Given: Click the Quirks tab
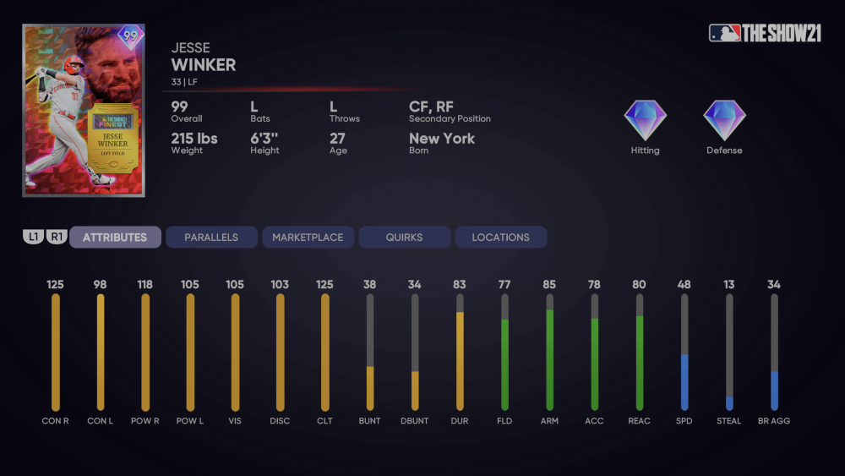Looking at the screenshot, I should pos(404,238).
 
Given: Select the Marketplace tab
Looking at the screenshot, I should pos(308,238).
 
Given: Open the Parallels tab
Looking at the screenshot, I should pos(211,238).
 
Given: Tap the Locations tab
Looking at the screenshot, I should pos(500,238).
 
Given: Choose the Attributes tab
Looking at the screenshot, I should pos(115,238).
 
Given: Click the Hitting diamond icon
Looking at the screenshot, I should pos(645,121).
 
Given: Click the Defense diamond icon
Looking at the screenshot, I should pos(724,121).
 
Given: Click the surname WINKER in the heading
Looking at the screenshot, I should pos(204,65).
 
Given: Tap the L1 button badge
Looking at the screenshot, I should pos(33,238).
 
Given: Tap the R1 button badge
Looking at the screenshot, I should pos(57,238).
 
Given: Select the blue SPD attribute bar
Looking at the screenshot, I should pos(684,382).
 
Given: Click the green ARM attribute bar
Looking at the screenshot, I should pos(550,359).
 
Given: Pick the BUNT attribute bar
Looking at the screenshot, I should pos(370,388).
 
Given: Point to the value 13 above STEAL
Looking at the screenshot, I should pos(728,285).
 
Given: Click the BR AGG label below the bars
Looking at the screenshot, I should pos(773,421).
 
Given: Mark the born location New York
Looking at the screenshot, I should pos(442,139).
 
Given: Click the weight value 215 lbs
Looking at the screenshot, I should pos(195,139).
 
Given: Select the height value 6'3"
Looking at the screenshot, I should pos(264,139).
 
